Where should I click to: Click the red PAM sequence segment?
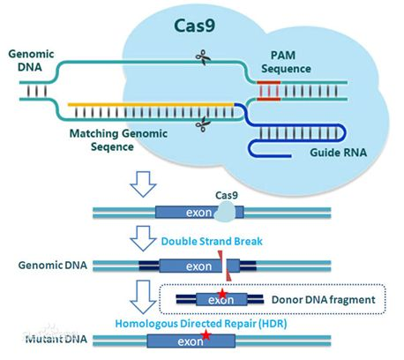(x=271, y=89)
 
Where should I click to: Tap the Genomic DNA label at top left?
(x=26, y=62)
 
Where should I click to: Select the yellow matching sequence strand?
(x=150, y=104)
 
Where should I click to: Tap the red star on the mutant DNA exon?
(x=206, y=336)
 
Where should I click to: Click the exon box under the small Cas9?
(x=188, y=213)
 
